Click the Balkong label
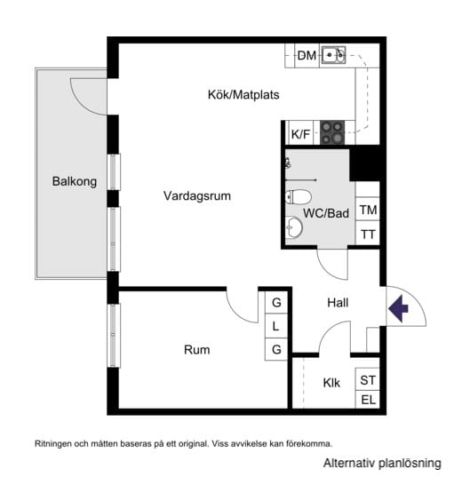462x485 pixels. (x=74, y=181)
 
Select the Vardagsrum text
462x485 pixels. (x=197, y=196)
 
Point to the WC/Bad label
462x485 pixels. (x=326, y=213)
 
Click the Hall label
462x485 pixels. (x=338, y=303)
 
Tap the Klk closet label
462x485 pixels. (x=332, y=383)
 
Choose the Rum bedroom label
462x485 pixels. (x=197, y=350)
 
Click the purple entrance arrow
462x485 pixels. (x=398, y=308)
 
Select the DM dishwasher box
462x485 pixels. (x=307, y=56)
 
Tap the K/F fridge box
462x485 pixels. (x=301, y=134)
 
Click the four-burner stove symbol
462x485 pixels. (x=333, y=132)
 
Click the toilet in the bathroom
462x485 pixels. (x=299, y=196)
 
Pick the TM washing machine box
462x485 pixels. (x=368, y=210)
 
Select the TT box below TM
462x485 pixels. (x=368, y=234)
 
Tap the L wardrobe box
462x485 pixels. (x=276, y=326)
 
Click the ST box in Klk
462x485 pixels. (x=368, y=379)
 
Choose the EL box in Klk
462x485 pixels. (x=368, y=400)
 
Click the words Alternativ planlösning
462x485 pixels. (x=381, y=464)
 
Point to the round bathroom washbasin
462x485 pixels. (x=294, y=228)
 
